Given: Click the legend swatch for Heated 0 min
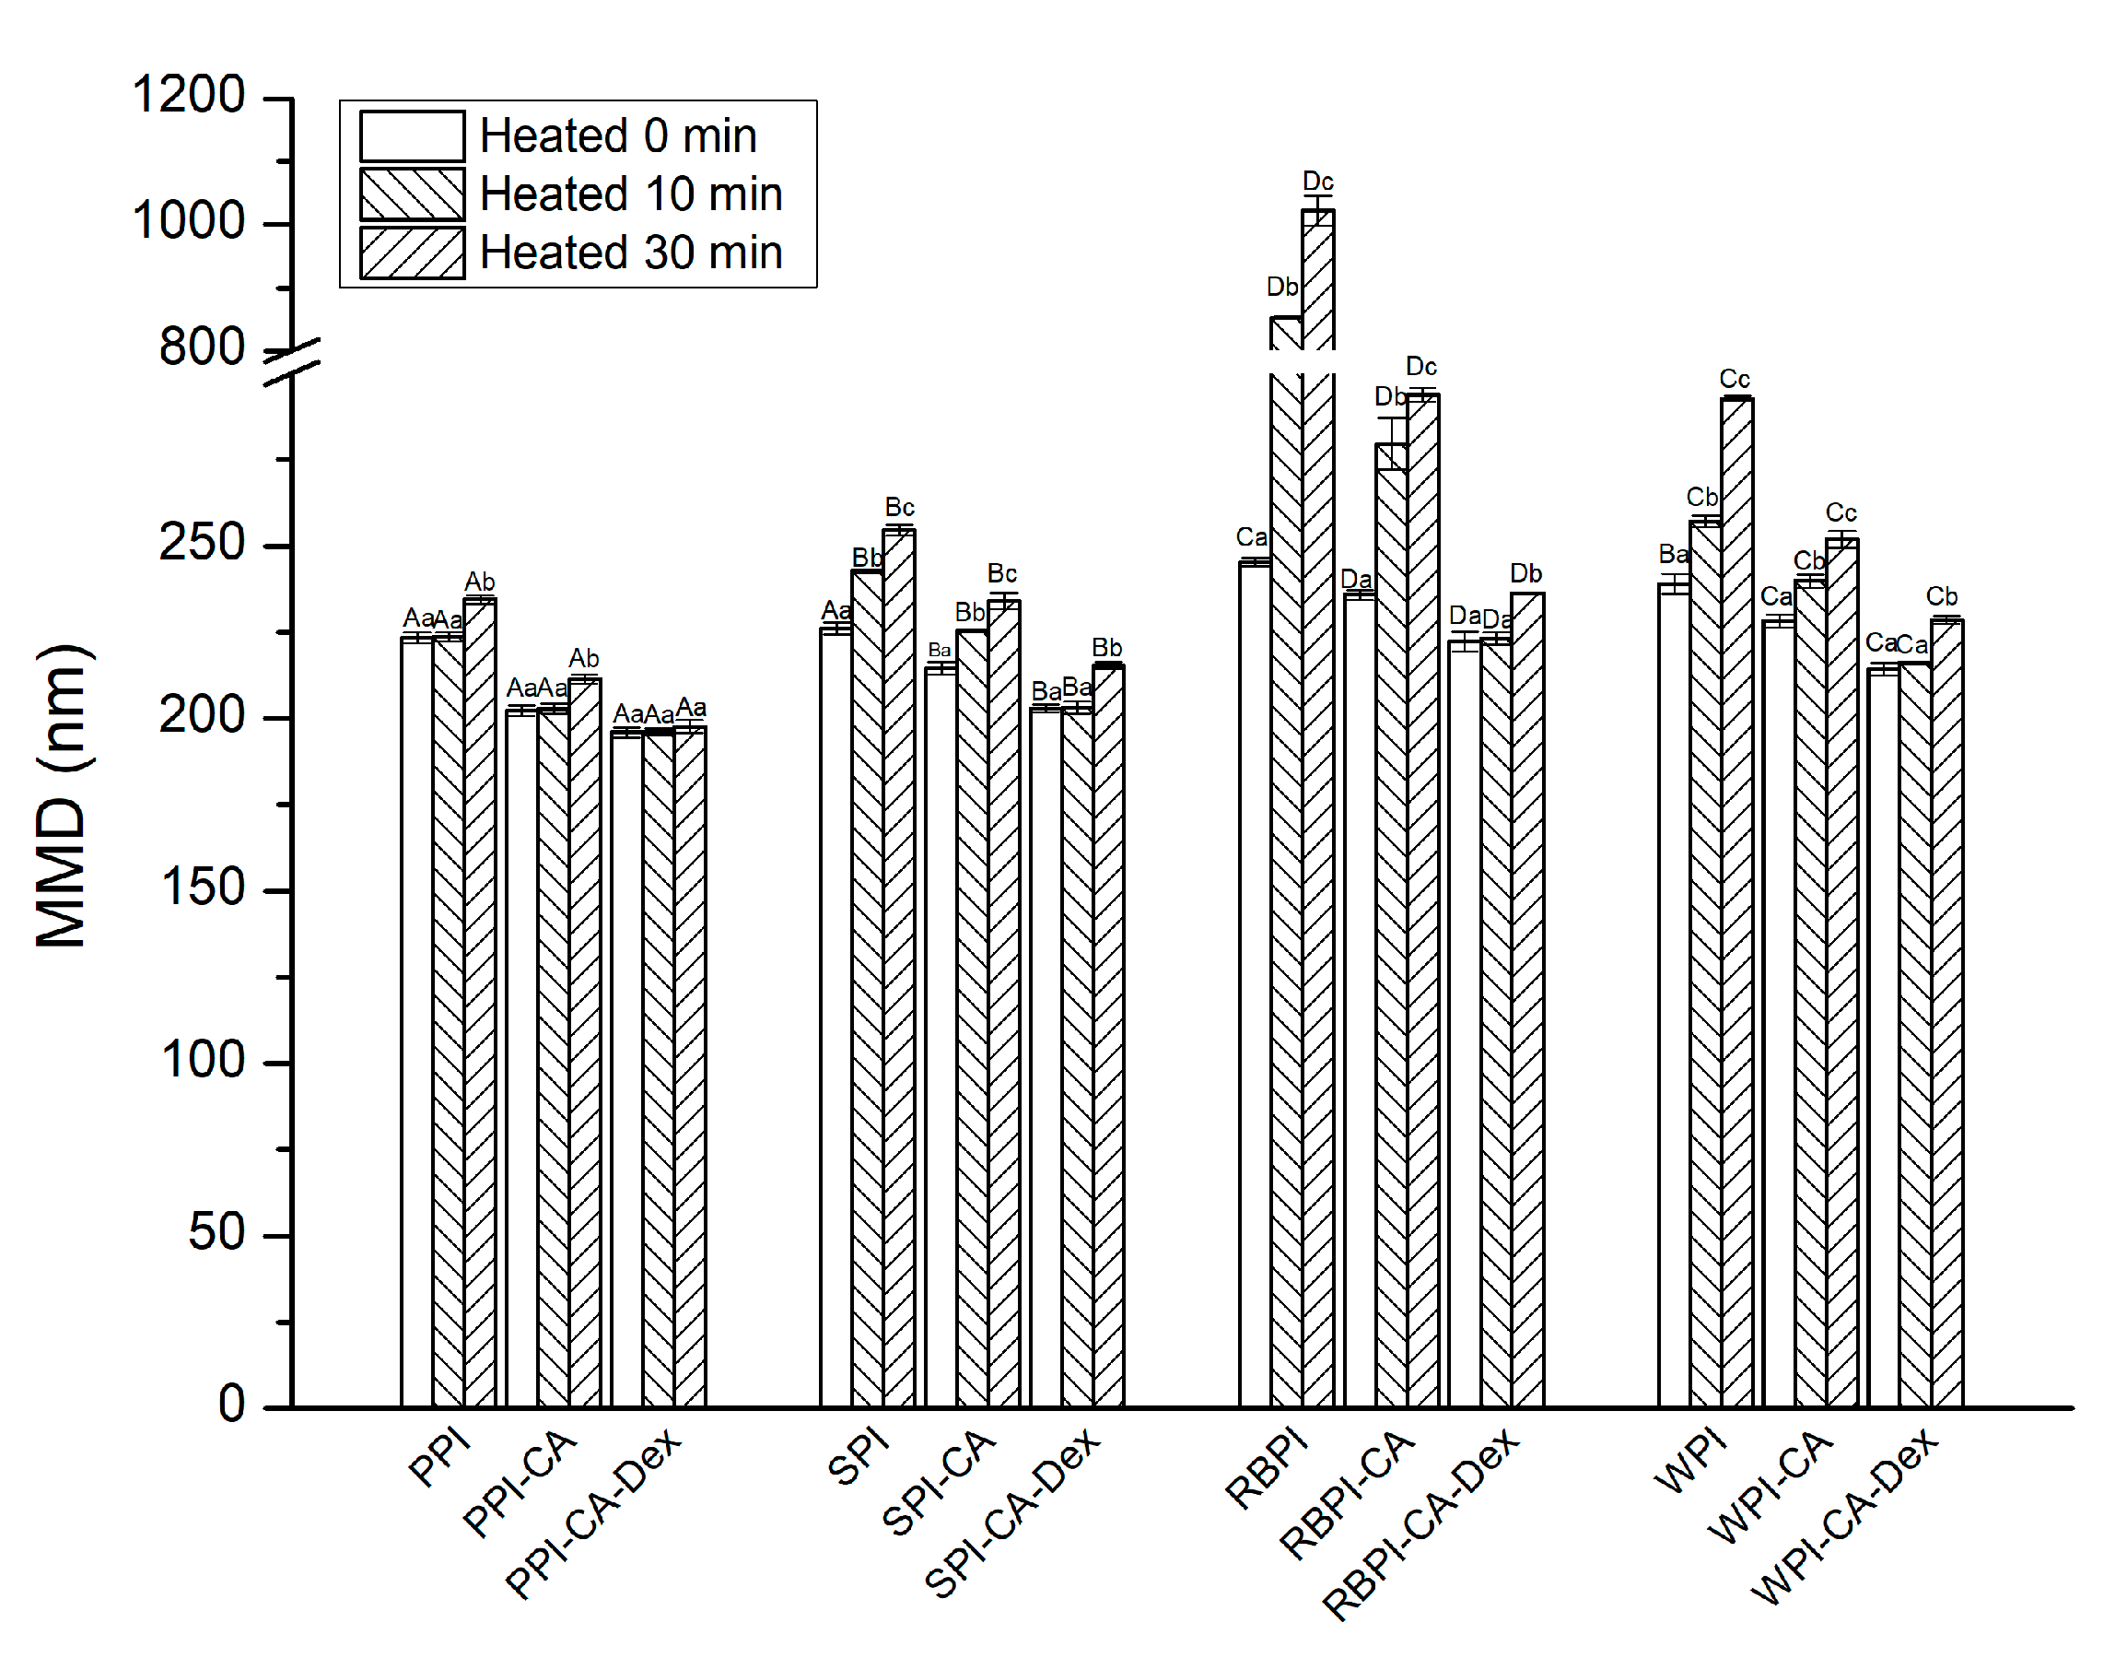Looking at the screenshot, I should [x=412, y=136].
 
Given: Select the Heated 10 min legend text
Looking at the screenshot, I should [x=631, y=194].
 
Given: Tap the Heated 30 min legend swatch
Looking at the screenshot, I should [x=412, y=253].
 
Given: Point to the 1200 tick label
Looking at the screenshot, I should [x=188, y=96].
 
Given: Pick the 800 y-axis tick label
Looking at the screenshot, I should [x=202, y=347].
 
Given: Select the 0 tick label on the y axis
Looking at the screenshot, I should [x=231, y=1405].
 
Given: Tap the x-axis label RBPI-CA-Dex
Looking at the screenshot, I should [x=1421, y=1523].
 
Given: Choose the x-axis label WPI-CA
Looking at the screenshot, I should [x=1770, y=1487].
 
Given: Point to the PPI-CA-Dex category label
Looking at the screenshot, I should [x=593, y=1514].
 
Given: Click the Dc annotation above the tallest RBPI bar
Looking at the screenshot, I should [x=1317, y=182].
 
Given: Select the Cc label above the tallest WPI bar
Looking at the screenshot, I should [x=1735, y=379].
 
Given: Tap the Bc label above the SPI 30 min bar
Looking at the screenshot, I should [x=899, y=508].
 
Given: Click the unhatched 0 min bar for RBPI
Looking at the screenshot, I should [x=1255, y=984].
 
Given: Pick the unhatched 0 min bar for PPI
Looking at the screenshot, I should [x=416, y=1023].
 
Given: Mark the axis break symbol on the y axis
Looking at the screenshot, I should [x=292, y=361].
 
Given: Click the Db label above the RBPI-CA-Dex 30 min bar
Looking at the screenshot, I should [x=1526, y=574].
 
